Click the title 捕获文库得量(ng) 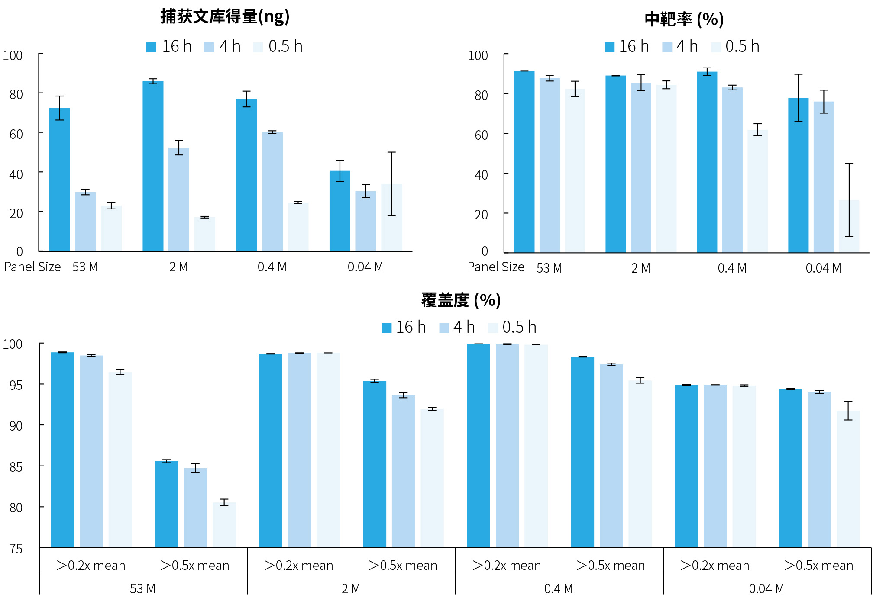coord(225,16)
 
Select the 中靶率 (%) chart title coord(684,19)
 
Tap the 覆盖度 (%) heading coord(461,300)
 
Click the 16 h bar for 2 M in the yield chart coord(153,166)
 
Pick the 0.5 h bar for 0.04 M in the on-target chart coord(849,226)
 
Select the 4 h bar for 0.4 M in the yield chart coord(272,192)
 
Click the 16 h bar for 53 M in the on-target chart coord(524,161)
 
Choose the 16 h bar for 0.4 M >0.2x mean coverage coord(479,446)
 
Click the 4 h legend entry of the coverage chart coord(457,328)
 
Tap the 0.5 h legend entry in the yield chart coord(278,47)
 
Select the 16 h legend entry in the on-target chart coord(627,47)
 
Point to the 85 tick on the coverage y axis coord(16,467)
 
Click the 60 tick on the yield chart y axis coord(16,134)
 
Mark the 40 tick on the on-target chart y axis coord(481,175)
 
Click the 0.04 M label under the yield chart coord(365,267)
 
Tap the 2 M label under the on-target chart coord(640,268)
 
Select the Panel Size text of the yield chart coord(32,267)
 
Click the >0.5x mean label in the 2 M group coord(402,566)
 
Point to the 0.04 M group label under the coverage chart coord(766,589)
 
